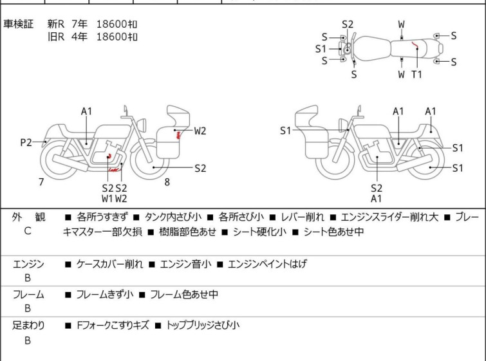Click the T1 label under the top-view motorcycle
416,75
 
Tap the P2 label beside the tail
26,143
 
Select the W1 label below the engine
107,199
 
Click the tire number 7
41,182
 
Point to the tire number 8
167,182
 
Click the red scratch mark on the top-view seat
417,48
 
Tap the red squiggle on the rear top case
178,133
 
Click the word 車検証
20,24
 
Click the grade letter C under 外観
28,231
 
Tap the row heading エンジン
28,264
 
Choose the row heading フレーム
28,295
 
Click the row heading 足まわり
28,326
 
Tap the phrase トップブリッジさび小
203,326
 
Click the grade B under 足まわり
28,340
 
